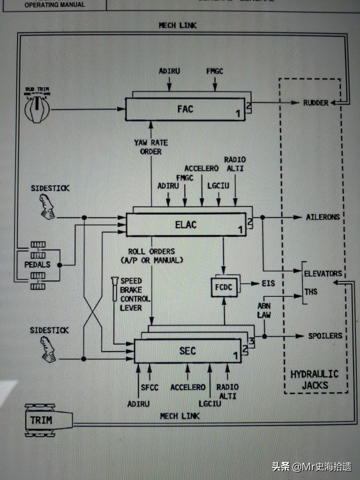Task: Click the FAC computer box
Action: [x=185, y=108]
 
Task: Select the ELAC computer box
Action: [x=185, y=224]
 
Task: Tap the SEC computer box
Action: [x=187, y=351]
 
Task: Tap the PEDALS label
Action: [x=37, y=264]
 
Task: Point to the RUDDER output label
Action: [x=315, y=103]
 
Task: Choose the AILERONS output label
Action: [x=323, y=217]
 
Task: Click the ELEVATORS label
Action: [x=323, y=273]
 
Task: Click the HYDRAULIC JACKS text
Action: [x=314, y=379]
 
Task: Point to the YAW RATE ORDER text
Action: [x=150, y=147]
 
